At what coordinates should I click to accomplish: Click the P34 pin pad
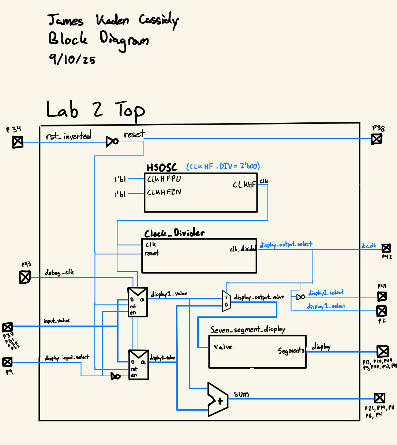[18, 142]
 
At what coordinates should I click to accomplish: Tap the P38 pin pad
[377, 139]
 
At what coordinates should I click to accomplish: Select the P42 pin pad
[386, 248]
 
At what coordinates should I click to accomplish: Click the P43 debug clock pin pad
[25, 277]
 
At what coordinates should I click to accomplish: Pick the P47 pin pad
[382, 296]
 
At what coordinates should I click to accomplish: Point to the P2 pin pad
[381, 311]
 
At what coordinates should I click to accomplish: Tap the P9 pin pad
[7, 362]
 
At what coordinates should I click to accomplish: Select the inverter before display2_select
[300, 297]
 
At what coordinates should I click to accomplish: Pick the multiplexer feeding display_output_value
[226, 301]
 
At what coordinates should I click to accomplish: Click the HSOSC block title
[162, 168]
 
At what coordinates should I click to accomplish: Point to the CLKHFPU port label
[164, 179]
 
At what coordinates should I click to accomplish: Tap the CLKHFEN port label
[164, 192]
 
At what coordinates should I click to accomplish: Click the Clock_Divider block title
[174, 233]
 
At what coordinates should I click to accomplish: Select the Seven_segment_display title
[248, 330]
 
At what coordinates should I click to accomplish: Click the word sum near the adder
[241, 394]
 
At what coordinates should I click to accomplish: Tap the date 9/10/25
[72, 58]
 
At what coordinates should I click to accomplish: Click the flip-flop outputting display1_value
[138, 302]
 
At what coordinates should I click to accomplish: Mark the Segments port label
[291, 351]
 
